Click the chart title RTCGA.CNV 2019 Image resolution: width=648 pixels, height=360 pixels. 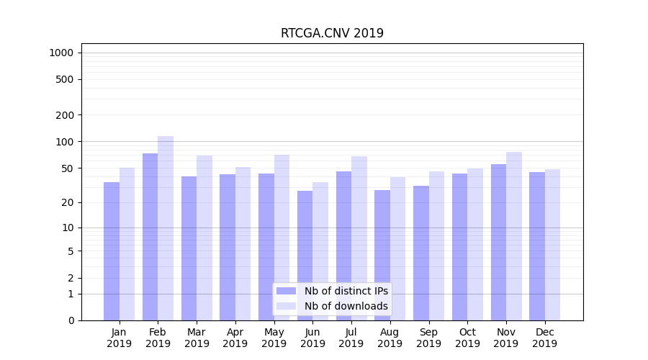click(332, 33)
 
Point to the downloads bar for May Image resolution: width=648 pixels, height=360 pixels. click(282, 237)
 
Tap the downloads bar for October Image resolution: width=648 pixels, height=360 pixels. click(475, 244)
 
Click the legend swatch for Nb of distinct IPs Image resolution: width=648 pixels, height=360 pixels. click(286, 291)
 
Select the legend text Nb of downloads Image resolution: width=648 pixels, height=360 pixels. click(346, 306)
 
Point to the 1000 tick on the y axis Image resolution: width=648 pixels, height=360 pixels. click(61, 53)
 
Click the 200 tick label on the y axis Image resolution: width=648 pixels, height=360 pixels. click(65, 115)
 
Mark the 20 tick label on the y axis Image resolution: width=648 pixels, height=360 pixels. click(68, 202)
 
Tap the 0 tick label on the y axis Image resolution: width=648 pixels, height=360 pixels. click(71, 320)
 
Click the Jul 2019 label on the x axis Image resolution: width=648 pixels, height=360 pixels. click(351, 338)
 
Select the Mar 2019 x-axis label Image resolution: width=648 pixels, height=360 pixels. click(197, 338)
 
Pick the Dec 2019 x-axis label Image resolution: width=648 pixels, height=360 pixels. click(544, 338)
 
